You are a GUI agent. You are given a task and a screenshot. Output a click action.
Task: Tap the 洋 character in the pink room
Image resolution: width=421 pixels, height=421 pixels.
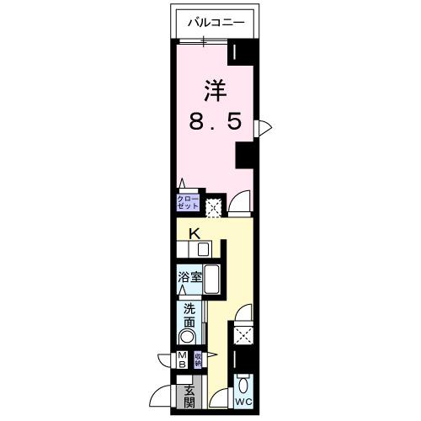(x=215, y=88)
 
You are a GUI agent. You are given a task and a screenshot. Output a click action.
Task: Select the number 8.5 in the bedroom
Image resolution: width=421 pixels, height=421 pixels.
(x=215, y=122)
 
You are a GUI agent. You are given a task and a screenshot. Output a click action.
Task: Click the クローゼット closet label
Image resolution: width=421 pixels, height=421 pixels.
(x=187, y=202)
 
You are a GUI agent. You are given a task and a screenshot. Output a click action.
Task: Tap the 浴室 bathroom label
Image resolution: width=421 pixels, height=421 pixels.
(x=189, y=276)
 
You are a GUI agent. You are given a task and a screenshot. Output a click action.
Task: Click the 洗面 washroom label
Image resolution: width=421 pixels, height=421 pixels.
(x=189, y=315)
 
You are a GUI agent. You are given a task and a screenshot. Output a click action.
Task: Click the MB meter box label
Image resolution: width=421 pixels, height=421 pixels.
(x=182, y=360)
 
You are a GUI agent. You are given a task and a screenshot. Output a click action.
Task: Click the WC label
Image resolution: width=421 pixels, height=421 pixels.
(x=243, y=402)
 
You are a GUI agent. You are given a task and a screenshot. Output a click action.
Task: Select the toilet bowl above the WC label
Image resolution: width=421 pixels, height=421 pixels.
(x=243, y=386)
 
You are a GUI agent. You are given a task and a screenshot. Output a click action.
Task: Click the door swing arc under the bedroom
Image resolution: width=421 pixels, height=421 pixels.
(x=240, y=203)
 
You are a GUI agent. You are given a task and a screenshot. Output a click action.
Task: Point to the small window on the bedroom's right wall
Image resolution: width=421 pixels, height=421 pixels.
(x=264, y=127)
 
